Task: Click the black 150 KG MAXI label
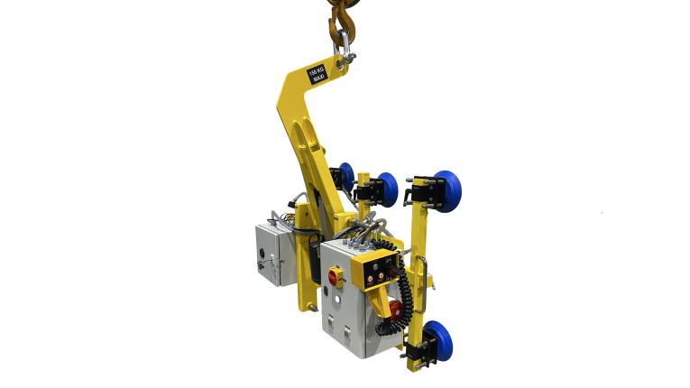317,73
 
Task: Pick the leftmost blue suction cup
346,176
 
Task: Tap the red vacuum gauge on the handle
391,309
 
